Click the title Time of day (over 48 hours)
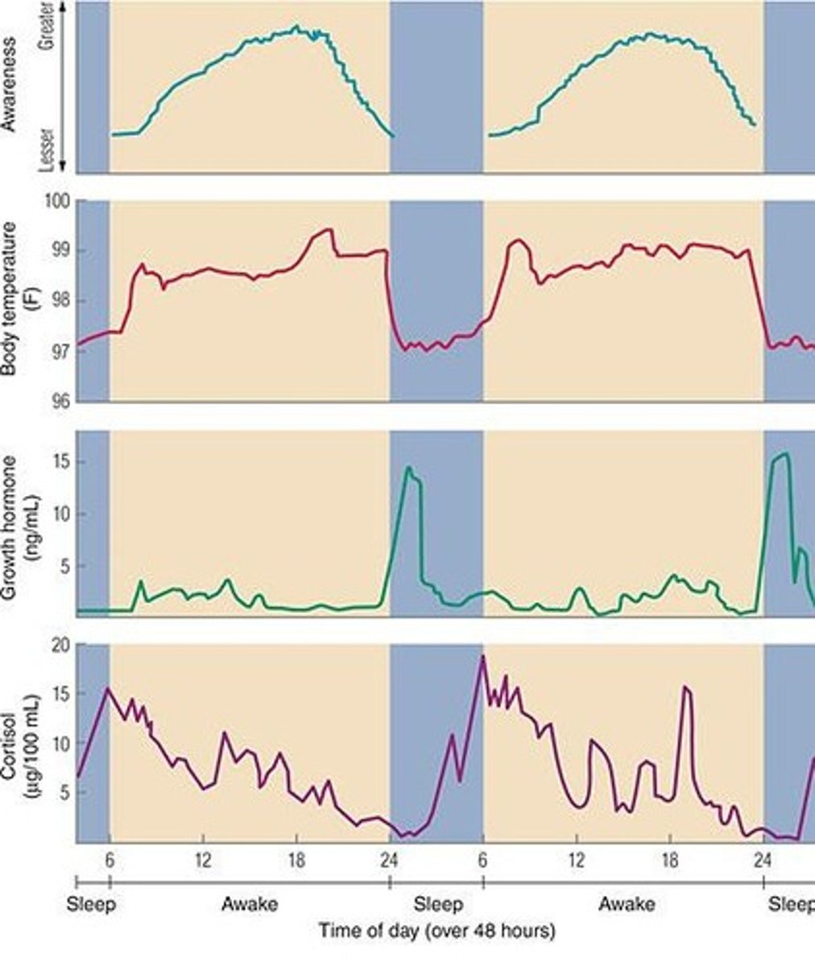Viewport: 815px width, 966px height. [x=436, y=931]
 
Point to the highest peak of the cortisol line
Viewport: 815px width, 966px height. [x=483, y=657]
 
